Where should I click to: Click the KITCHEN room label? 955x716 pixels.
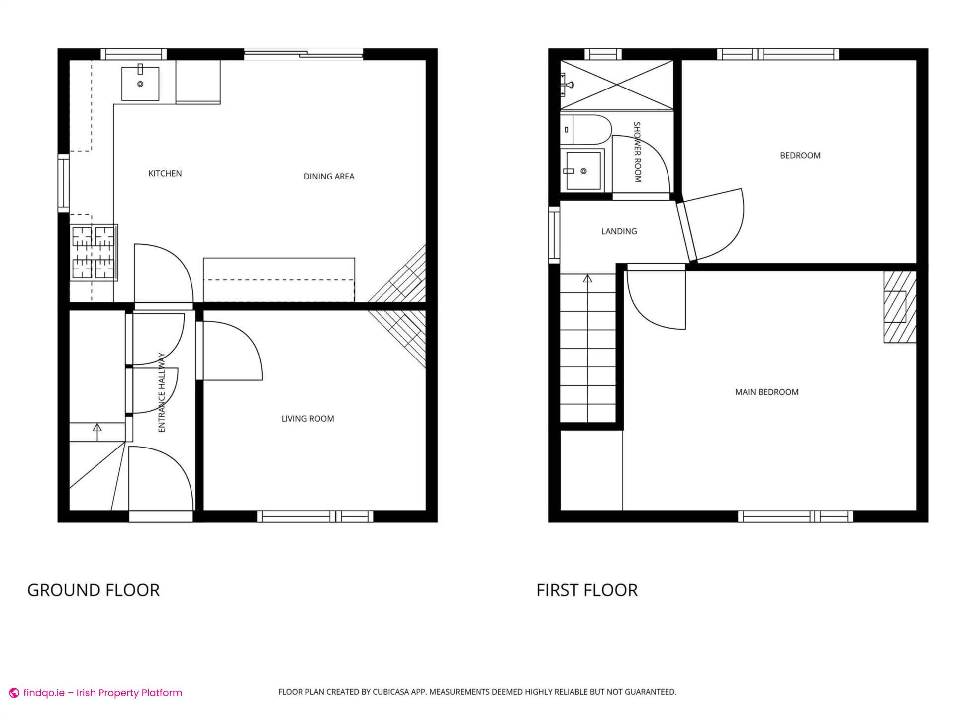(x=165, y=174)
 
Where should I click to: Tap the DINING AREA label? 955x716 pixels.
(x=329, y=177)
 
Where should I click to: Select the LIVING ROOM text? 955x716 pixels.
(x=307, y=419)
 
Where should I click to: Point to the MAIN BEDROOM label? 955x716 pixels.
(x=766, y=392)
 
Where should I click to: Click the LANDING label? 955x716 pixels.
(x=619, y=231)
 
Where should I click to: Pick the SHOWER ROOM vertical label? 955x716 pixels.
(x=637, y=152)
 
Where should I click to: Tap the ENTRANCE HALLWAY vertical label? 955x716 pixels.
(x=162, y=393)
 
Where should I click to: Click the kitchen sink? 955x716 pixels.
(x=140, y=84)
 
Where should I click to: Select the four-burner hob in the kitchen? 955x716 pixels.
(x=94, y=252)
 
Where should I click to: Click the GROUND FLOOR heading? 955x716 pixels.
(x=94, y=590)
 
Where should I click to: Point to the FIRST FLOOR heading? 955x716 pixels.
(x=587, y=590)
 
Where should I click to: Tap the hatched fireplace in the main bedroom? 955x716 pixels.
(x=899, y=307)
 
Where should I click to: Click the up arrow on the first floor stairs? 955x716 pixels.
(x=587, y=279)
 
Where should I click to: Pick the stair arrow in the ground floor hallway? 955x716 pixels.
(x=97, y=428)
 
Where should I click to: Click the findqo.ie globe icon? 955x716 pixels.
(x=14, y=693)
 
